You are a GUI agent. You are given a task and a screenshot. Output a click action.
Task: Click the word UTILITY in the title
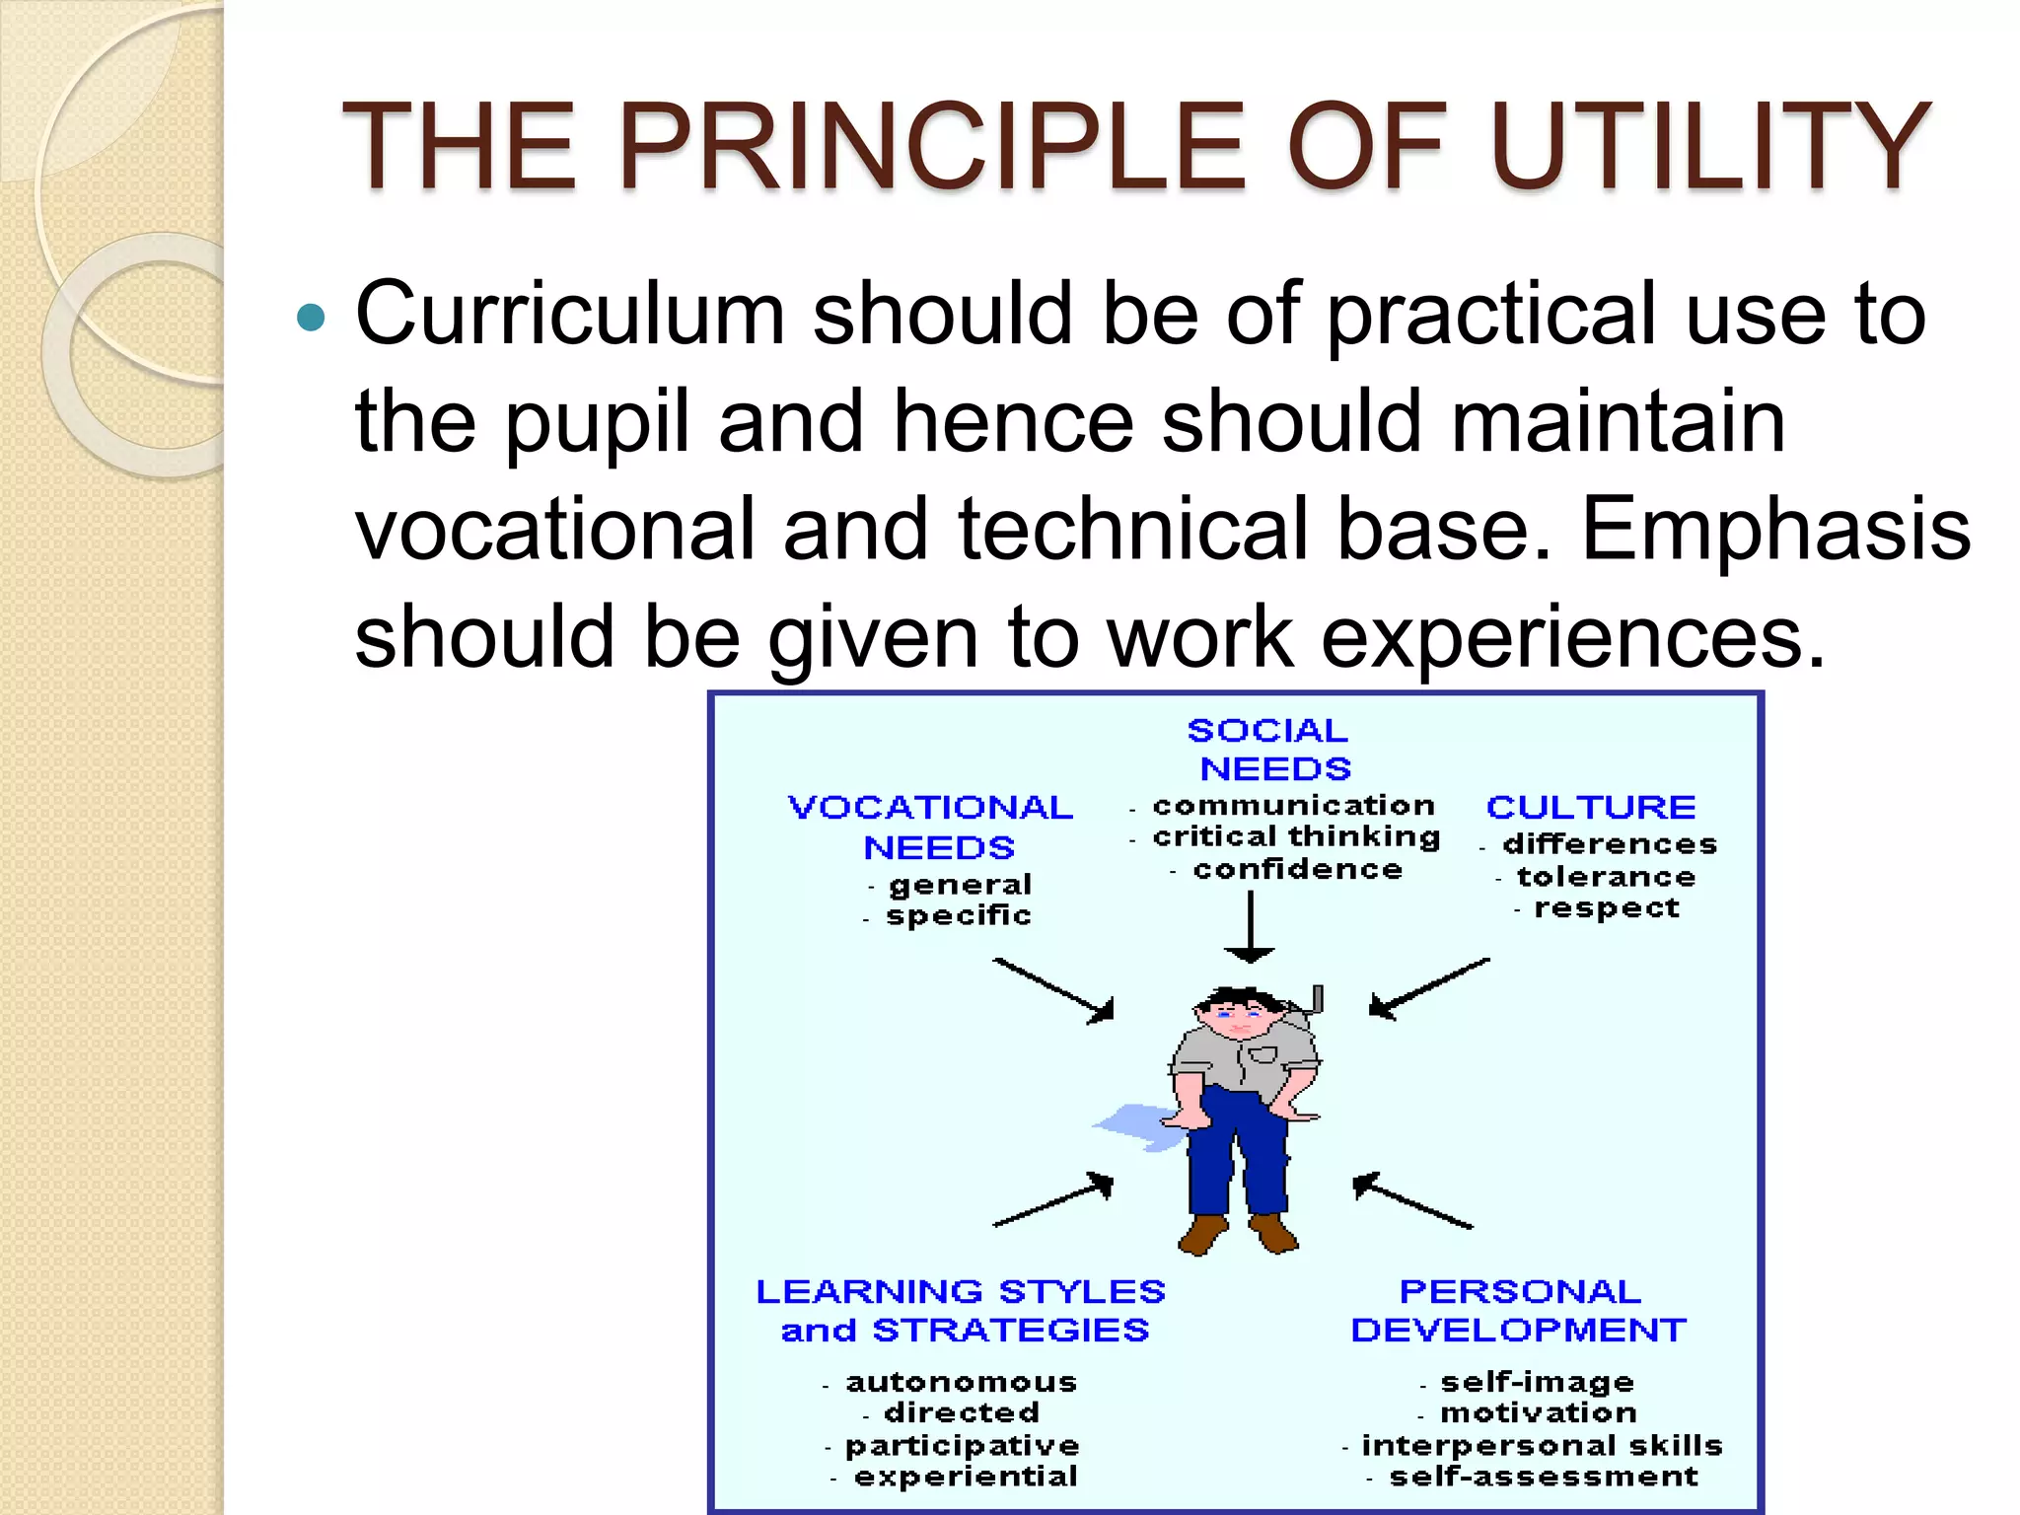1709,146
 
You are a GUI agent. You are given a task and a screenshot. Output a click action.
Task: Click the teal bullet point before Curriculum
311,318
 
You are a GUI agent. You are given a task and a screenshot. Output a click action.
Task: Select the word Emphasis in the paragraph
1775,529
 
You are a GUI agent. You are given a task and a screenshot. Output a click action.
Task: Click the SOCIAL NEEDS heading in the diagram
1270,750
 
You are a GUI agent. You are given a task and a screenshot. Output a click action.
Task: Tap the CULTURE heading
1590,807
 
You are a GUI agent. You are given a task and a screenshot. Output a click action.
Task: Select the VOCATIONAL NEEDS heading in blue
932,827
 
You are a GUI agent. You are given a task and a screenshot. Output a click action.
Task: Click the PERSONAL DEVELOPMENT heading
1519,1310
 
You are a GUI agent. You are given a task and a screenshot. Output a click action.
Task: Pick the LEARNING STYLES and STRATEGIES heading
962,1310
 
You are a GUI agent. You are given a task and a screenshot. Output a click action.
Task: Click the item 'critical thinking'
1295,836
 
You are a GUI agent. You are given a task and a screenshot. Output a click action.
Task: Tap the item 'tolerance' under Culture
1605,876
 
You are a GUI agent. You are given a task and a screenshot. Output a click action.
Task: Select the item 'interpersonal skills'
1541,1445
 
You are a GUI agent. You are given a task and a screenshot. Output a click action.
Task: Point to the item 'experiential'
965,1477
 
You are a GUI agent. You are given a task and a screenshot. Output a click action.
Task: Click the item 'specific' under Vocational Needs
957,915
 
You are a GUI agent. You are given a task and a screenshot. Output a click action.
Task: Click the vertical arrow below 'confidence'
1250,927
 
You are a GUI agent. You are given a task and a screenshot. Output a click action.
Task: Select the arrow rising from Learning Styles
1053,1199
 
